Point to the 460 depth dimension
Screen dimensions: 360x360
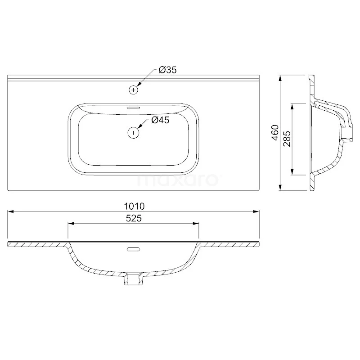pos(275,133)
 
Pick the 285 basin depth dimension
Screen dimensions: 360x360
pos(287,139)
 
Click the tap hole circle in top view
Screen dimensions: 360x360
pos(133,90)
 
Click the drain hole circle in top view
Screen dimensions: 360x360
pos(133,132)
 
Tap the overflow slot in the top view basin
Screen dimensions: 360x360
pos(134,108)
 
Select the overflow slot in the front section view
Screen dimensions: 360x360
pos(134,248)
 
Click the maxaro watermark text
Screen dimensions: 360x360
pos(178,180)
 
